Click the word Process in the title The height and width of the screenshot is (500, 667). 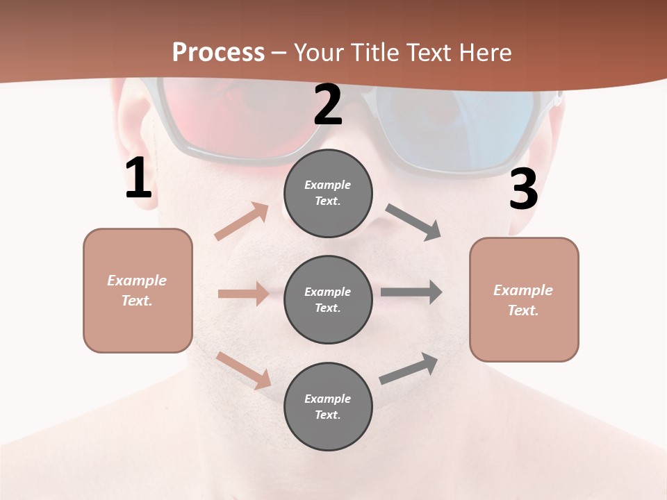click(x=218, y=53)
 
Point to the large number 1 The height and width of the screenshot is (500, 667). click(x=138, y=178)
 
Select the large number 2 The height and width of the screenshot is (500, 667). click(x=328, y=105)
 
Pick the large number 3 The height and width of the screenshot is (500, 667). click(x=523, y=189)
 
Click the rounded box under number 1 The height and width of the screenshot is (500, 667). click(x=138, y=290)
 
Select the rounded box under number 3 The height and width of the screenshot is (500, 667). click(x=524, y=299)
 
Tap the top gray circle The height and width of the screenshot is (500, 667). click(x=328, y=193)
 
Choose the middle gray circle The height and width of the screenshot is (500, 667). click(x=328, y=299)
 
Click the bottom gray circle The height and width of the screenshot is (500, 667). click(x=328, y=406)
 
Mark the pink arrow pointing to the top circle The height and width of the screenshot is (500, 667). click(x=241, y=222)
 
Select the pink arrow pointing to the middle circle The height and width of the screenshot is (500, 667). click(x=242, y=294)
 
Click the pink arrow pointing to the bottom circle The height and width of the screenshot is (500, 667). click(x=243, y=370)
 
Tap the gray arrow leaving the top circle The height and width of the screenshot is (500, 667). click(x=413, y=222)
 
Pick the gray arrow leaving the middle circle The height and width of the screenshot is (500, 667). click(x=411, y=292)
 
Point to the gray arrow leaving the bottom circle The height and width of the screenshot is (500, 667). click(x=409, y=369)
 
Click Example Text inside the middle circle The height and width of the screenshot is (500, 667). click(x=328, y=299)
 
